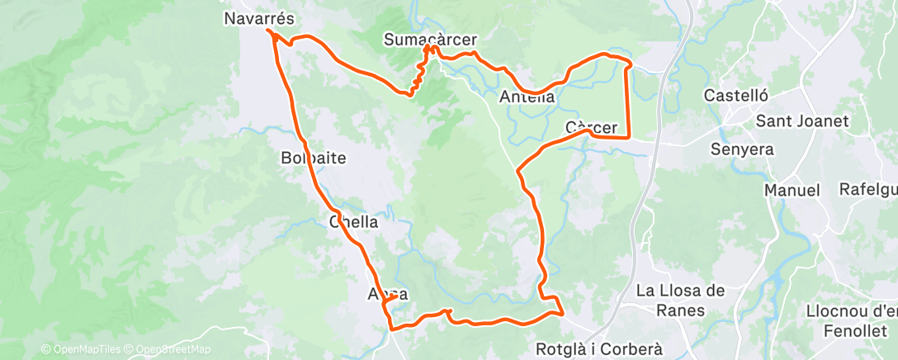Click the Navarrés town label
[259, 17]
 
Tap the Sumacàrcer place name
[431, 39]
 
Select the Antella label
[527, 97]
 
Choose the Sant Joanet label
[802, 121]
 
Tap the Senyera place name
[742, 149]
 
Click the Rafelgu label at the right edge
[867, 189]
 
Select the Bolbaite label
[313, 158]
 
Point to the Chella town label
[353, 221]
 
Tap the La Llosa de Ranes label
[681, 301]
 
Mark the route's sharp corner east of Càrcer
[629, 137]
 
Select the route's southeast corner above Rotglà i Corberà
[562, 313]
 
